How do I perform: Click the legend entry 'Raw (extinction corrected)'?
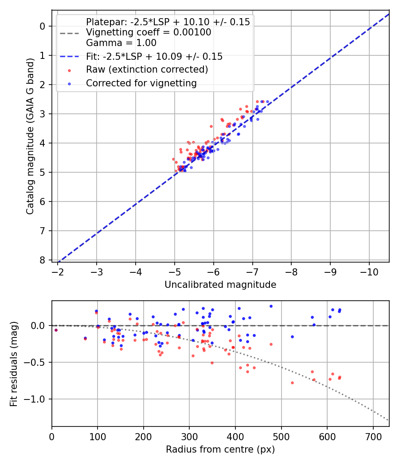147,70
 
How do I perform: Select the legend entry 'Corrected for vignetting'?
141,83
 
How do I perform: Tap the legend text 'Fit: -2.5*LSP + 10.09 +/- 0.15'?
154,57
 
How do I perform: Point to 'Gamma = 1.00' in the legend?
121,43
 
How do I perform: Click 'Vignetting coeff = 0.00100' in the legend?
149,32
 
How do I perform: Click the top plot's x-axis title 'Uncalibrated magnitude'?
220,285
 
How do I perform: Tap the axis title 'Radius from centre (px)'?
220,449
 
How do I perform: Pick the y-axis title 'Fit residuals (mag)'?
14,364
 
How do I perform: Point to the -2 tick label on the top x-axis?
58,271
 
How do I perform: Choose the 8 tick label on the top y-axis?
43,260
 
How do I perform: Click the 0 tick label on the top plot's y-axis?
43,26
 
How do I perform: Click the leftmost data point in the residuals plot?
56,330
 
